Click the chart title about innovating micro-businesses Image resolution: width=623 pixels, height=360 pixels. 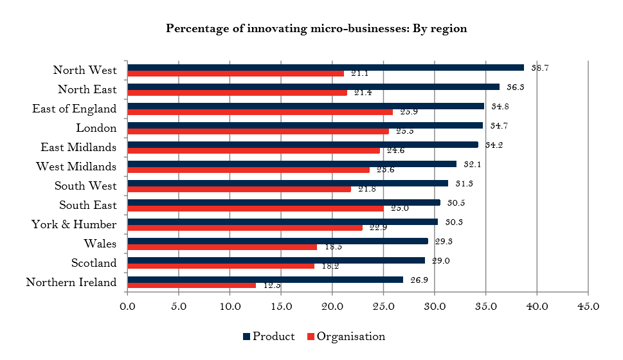[316, 28]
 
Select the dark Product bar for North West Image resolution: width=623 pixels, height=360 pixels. [325, 67]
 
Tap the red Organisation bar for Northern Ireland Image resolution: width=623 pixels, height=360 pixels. [192, 285]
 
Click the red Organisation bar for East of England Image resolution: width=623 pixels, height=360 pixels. [260, 112]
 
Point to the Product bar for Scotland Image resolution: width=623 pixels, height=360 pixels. [276, 260]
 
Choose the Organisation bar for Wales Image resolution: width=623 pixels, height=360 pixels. [222, 246]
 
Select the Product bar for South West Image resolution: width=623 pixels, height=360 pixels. [287, 183]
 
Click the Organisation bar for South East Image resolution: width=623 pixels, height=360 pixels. [255, 208]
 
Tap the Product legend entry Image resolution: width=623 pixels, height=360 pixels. [268, 336]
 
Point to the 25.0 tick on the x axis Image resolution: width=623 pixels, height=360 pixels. [383, 307]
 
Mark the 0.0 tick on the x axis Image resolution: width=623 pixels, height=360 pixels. [128, 307]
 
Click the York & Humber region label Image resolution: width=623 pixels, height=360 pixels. [74, 224]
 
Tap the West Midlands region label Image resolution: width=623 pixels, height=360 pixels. [76, 166]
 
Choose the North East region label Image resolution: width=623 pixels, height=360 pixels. [87, 89]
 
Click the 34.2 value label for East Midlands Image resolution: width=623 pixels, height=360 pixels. [494, 145]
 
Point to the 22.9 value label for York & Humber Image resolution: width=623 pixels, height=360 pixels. [378, 228]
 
